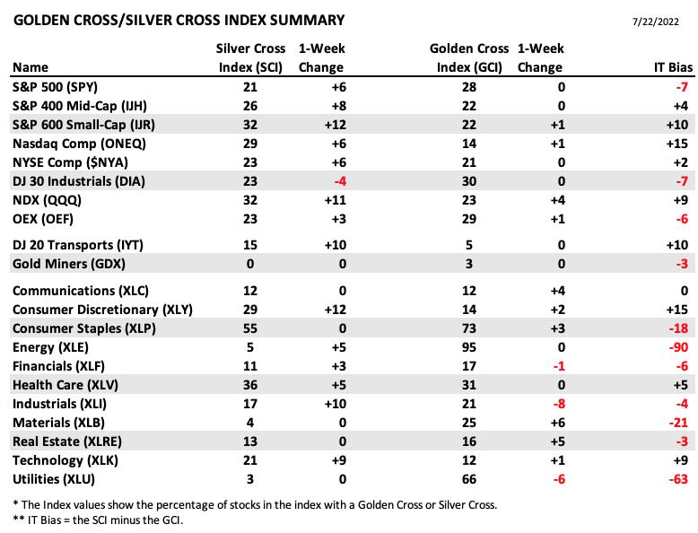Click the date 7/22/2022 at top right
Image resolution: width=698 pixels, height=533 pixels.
click(656, 22)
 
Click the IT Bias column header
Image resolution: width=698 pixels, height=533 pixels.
click(673, 67)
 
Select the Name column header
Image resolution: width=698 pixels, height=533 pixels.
click(31, 67)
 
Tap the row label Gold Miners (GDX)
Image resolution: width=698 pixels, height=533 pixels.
click(69, 264)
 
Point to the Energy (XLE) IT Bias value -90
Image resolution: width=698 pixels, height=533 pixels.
click(678, 347)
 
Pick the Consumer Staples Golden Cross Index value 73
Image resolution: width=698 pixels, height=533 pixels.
click(468, 328)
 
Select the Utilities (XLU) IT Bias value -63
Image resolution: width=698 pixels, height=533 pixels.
click(678, 479)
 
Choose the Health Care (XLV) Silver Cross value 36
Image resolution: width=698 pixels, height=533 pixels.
click(250, 385)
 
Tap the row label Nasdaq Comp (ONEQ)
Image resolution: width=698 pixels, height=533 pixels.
click(79, 144)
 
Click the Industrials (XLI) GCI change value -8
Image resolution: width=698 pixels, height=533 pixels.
click(559, 404)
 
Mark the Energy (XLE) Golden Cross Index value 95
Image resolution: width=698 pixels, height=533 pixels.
click(468, 347)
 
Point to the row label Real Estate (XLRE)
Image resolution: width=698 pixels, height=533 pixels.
click(67, 441)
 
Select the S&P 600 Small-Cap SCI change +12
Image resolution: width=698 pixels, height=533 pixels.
click(336, 125)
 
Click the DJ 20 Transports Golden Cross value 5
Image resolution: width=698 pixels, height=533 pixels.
click(468, 245)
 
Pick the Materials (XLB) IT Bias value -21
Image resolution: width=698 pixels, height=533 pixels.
click(678, 423)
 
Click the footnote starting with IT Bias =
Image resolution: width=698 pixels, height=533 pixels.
click(99, 520)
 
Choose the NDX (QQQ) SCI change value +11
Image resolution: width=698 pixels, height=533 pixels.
click(336, 200)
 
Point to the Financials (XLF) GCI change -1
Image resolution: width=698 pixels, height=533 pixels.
click(559, 366)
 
